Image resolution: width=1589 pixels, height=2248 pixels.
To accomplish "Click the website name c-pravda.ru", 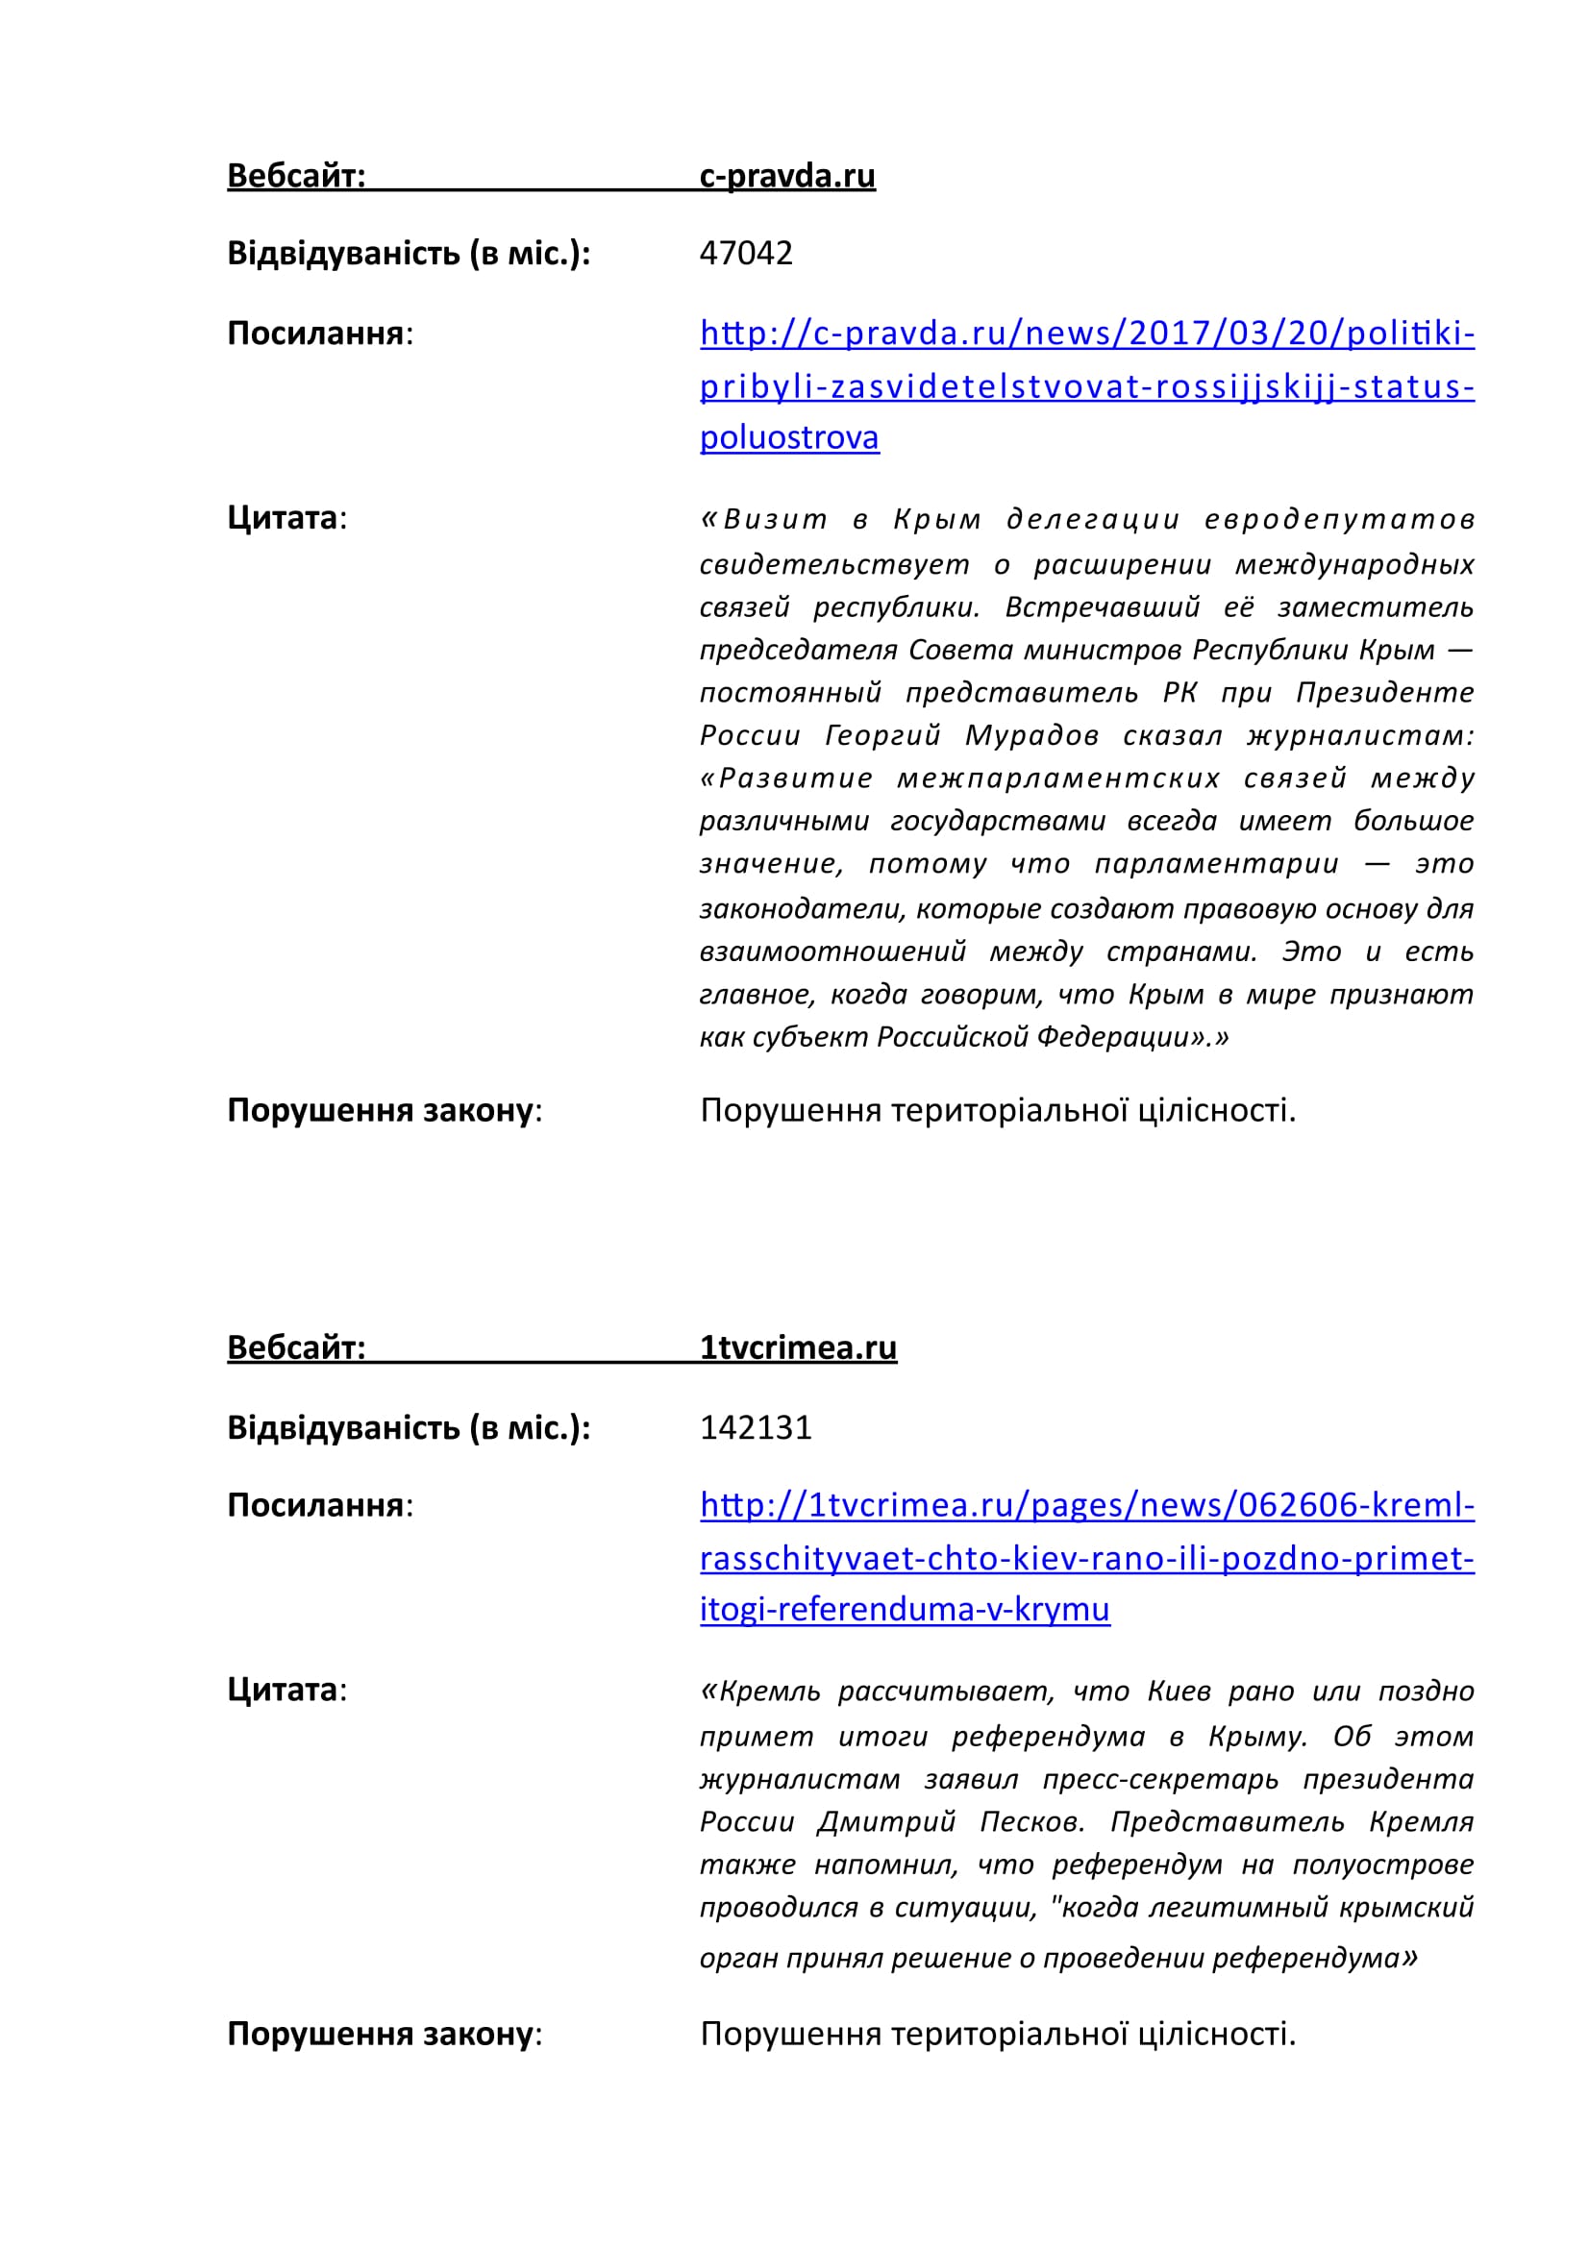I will point(787,175).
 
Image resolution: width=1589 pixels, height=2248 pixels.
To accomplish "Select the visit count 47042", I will point(746,254).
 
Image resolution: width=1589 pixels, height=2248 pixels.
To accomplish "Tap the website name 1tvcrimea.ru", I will point(798,1347).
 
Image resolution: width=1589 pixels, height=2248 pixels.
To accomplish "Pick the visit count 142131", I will point(756,1427).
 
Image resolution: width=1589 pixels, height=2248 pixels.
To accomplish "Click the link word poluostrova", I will point(789,437).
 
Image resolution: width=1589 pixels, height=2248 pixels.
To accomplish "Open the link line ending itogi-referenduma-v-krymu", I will point(905,1609).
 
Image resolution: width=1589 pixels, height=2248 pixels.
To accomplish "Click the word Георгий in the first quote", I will point(882,735).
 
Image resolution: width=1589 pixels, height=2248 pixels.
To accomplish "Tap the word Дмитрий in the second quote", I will point(886,1822).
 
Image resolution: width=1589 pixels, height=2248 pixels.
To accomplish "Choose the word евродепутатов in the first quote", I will point(1338,520).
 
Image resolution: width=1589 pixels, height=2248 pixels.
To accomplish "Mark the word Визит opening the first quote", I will point(776,520).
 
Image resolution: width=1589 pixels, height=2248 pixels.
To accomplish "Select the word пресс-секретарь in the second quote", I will point(1160,1779).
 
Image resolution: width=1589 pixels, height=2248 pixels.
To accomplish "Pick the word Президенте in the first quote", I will point(1384,693).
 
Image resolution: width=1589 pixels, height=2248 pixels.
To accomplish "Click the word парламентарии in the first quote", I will point(1216,865).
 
